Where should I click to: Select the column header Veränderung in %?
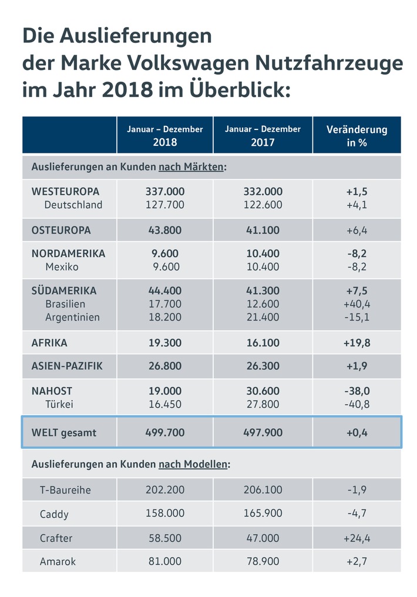click(x=357, y=136)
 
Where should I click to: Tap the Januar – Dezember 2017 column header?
click(x=263, y=136)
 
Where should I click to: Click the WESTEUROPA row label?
click(x=65, y=192)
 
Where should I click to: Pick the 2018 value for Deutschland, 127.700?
click(x=164, y=205)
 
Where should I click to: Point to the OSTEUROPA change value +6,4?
click(x=357, y=231)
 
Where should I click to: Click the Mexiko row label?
click(x=62, y=267)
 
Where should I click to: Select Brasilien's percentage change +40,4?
click(x=357, y=304)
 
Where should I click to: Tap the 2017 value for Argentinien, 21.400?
click(x=263, y=317)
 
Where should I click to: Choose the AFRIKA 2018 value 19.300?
click(x=164, y=343)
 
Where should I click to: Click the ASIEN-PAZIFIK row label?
click(x=67, y=366)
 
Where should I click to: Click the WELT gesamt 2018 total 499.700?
click(x=164, y=433)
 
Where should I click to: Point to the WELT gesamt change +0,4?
click(x=357, y=433)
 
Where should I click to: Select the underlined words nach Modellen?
click(x=193, y=465)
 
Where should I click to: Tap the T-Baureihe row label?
click(x=65, y=490)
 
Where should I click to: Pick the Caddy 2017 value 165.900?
click(x=263, y=513)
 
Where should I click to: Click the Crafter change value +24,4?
click(x=357, y=538)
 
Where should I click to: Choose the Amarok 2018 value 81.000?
click(x=164, y=561)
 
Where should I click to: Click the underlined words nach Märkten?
click(x=191, y=167)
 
